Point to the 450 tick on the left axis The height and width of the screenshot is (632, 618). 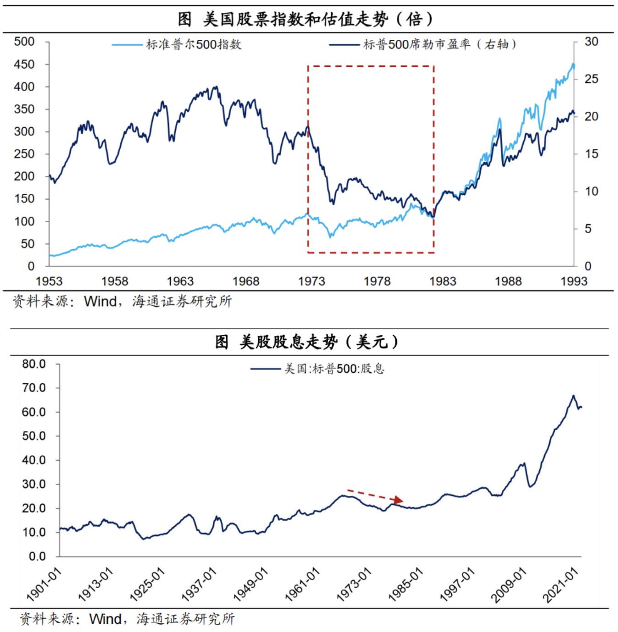24,64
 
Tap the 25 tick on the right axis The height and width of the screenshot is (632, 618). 591,79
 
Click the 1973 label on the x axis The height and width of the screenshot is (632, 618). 311,281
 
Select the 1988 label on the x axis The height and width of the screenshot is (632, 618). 508,281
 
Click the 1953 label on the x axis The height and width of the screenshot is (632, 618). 49,281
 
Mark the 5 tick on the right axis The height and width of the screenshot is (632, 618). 588,229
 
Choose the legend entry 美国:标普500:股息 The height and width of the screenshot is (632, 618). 334,369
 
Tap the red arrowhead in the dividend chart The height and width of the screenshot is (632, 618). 399,500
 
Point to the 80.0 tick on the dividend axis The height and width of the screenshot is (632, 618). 34,364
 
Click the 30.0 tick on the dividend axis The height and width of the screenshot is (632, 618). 34,484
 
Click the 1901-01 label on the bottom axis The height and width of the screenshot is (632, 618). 44,584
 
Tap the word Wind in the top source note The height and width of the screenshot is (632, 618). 101,302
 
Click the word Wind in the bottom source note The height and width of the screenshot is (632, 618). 105,619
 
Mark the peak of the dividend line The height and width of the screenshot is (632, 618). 573,396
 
